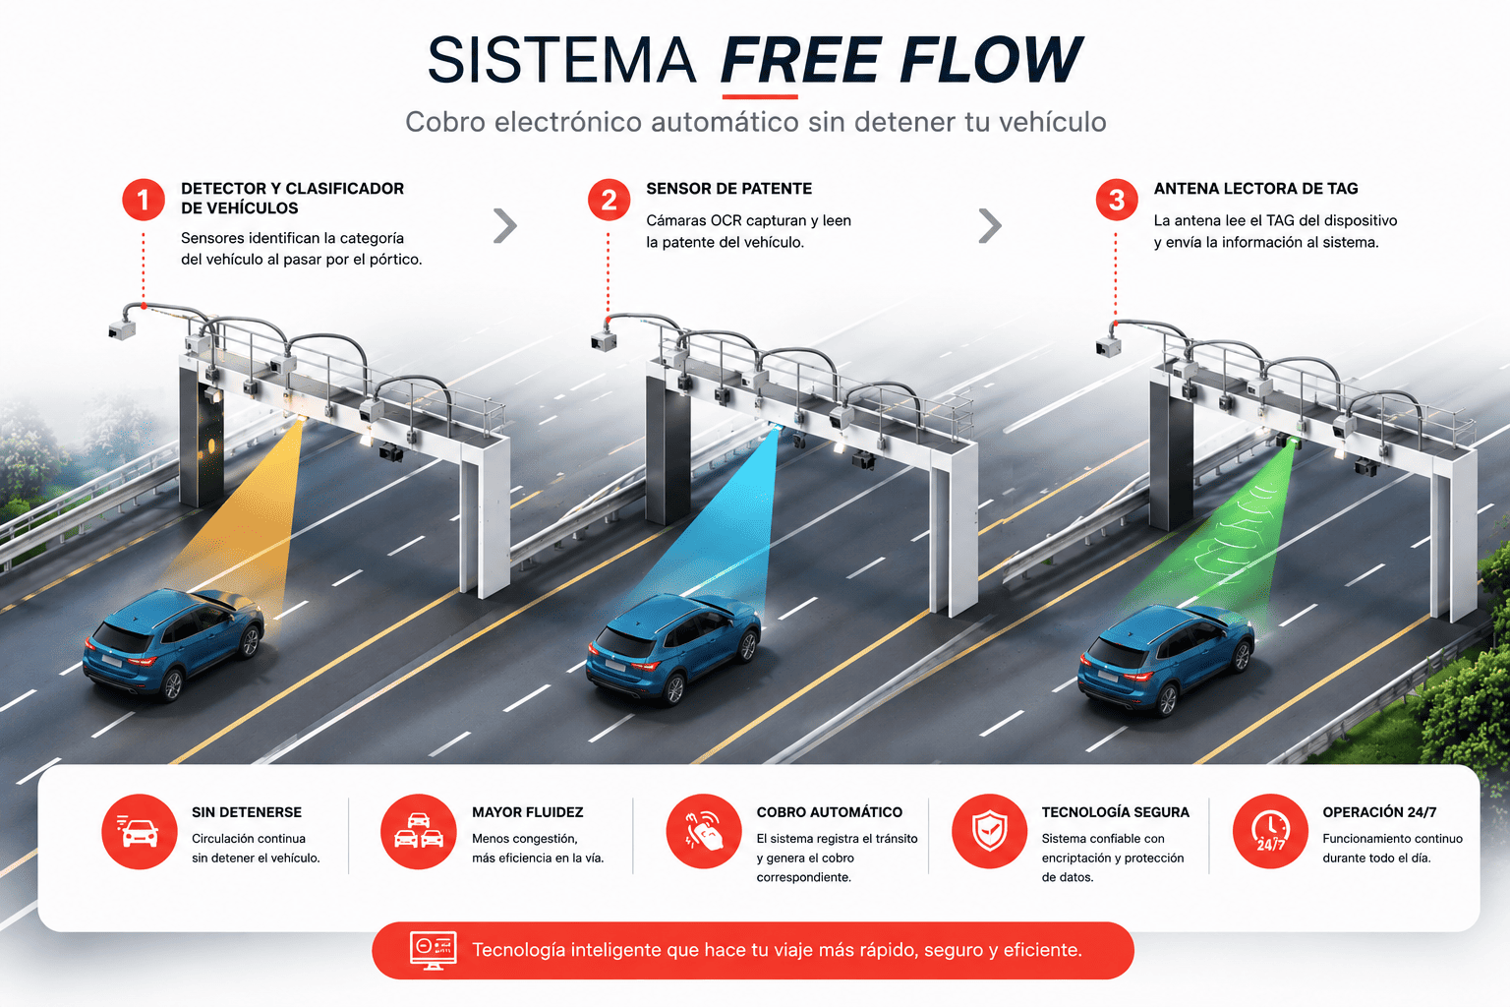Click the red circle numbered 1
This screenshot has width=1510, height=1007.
[143, 200]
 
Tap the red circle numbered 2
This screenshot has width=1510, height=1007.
[609, 200]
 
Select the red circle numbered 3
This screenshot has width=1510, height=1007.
[1117, 200]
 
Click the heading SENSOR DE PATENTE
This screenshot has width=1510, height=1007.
[728, 189]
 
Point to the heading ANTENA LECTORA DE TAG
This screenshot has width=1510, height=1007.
[1255, 189]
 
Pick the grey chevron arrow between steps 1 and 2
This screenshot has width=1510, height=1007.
[505, 225]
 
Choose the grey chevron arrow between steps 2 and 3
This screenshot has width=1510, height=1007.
[990, 225]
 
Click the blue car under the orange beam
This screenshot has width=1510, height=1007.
[173, 643]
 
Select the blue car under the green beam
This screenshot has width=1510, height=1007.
[1166, 658]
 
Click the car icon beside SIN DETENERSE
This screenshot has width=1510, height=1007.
[140, 832]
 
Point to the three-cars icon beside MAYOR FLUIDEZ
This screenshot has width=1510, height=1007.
[419, 832]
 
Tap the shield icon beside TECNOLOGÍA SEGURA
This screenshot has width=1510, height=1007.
[990, 832]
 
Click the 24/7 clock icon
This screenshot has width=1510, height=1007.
[1271, 832]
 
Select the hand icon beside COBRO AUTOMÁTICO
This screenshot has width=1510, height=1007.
[704, 832]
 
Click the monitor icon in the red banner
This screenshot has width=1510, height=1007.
[434, 950]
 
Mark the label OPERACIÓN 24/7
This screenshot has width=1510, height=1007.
[1379, 812]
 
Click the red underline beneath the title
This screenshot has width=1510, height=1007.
[760, 97]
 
